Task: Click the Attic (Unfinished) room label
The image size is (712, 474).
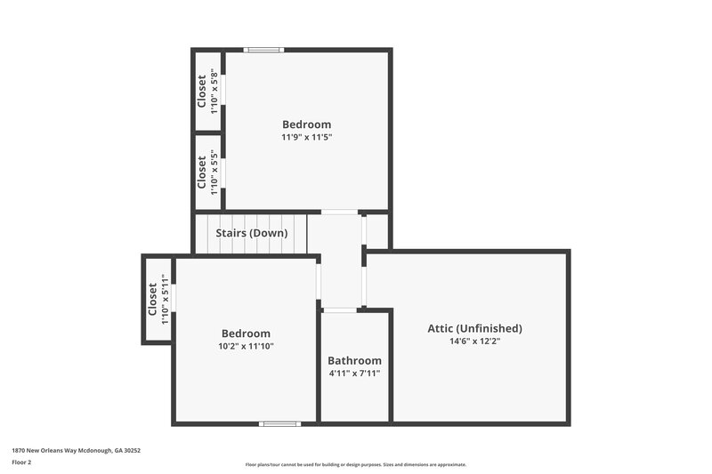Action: [x=474, y=328]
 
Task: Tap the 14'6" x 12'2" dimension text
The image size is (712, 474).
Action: [x=474, y=341]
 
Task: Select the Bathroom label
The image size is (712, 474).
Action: [x=354, y=360]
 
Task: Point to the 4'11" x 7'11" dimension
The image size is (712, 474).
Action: [x=354, y=373]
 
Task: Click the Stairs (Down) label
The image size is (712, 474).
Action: [x=251, y=233]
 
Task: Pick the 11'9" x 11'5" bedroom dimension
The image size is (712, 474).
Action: [x=307, y=137]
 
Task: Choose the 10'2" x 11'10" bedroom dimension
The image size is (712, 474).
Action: [x=246, y=346]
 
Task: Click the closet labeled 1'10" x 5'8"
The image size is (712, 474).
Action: [x=207, y=92]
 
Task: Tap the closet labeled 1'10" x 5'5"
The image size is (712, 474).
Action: [x=207, y=173]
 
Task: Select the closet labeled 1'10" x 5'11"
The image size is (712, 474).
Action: [x=158, y=301]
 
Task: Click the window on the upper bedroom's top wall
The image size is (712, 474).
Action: [x=264, y=50]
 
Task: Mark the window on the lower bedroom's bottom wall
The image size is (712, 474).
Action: [x=279, y=423]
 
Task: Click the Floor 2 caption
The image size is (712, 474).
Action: [x=21, y=462]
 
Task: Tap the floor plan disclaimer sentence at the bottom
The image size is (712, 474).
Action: [x=355, y=464]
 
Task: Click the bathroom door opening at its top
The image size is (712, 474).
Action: [x=340, y=309]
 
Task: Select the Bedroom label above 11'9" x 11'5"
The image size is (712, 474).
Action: [x=307, y=125]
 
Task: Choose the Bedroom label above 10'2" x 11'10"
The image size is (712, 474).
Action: [x=246, y=333]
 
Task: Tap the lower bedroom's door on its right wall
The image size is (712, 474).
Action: [x=318, y=281]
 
